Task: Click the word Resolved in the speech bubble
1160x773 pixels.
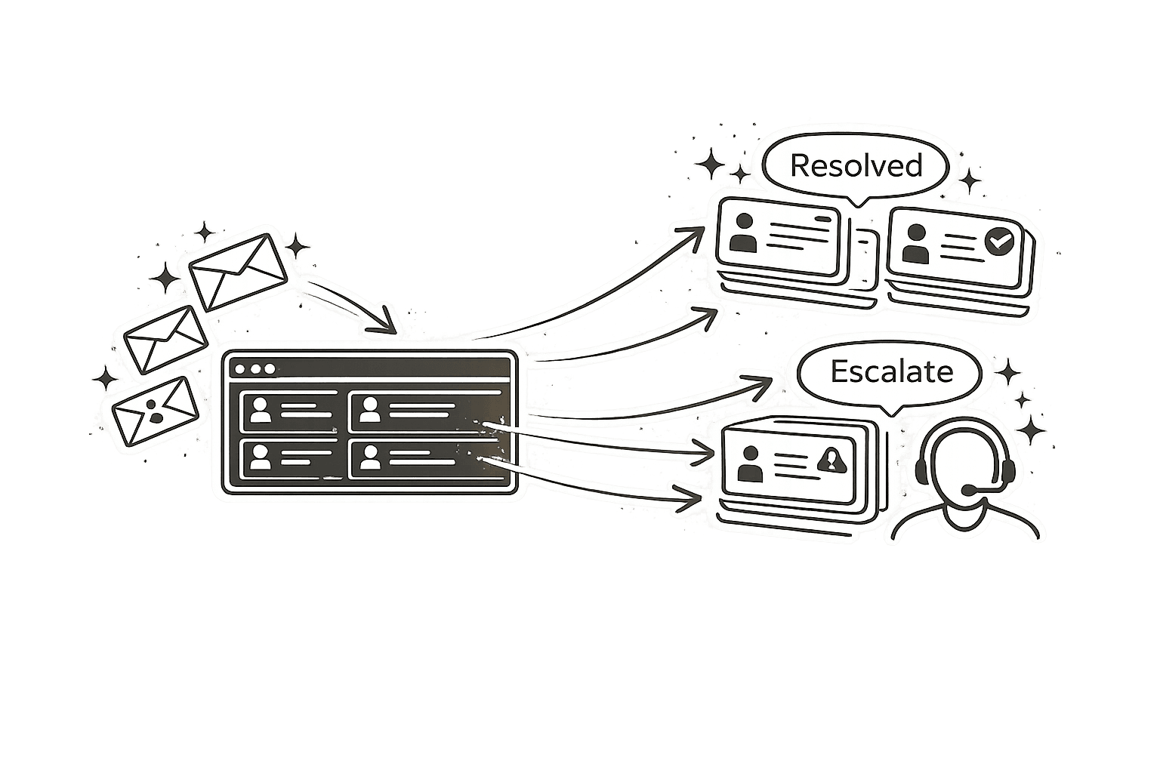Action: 856,165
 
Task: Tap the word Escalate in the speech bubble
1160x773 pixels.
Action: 891,371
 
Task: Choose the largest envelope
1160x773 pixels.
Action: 238,267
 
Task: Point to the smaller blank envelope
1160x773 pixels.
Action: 165,340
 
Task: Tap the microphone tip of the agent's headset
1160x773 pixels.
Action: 968,491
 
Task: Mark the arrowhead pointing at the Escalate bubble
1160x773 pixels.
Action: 757,383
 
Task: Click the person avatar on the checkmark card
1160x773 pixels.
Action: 915,244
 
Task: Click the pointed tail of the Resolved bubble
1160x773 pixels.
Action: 856,201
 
